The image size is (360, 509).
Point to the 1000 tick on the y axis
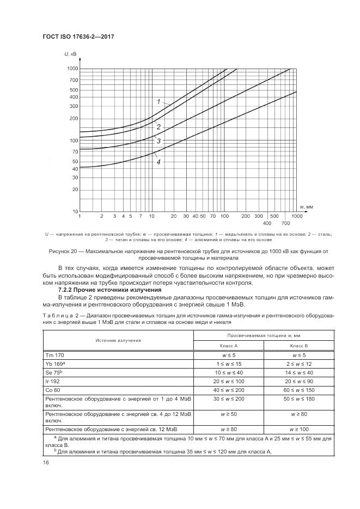[x=72, y=69]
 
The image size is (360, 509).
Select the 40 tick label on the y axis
[x=75, y=169]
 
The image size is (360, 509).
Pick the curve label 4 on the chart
[x=158, y=162]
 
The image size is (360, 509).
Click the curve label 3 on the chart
[x=158, y=141]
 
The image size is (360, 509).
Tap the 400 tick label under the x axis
[x=267, y=224]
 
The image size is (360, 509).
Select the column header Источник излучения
[x=118, y=340]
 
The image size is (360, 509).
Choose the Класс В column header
[x=299, y=345]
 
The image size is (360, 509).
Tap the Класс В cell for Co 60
[x=299, y=391]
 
